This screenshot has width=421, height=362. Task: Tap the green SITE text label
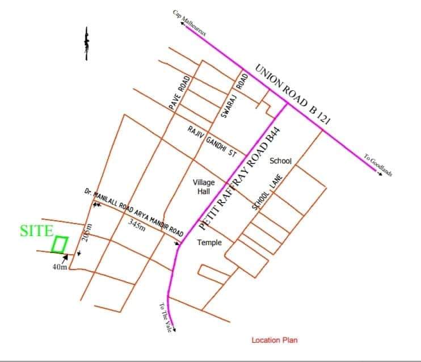[36, 231]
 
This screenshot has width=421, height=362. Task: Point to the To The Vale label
[164, 318]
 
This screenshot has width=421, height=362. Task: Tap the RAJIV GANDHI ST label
[212, 142]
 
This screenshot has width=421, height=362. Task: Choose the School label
[280, 161]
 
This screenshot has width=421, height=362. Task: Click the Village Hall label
[204, 187]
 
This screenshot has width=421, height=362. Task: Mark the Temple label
[209, 243]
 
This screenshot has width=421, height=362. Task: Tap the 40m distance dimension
[60, 266]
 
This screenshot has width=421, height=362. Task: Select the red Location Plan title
[274, 340]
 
